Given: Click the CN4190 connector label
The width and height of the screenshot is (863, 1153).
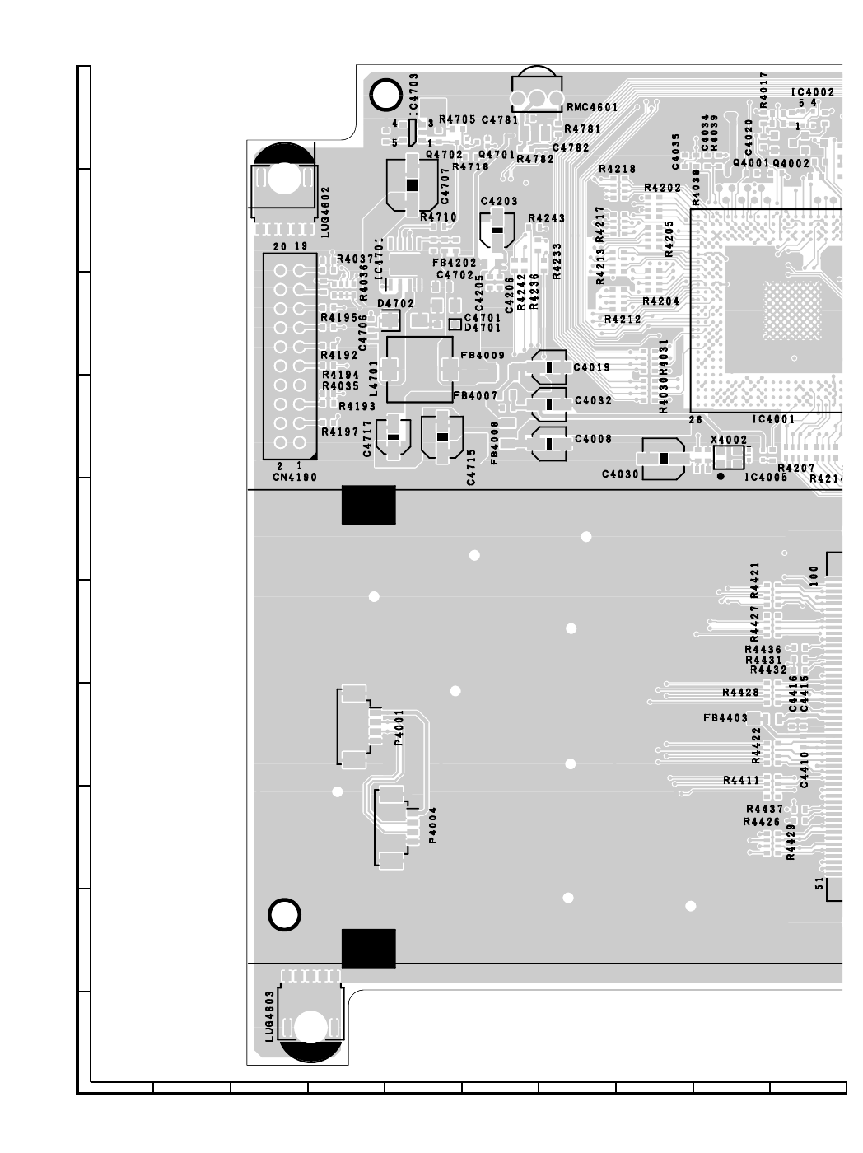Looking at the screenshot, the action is (x=294, y=478).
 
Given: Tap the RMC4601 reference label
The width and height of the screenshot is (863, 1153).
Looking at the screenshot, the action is (x=592, y=107).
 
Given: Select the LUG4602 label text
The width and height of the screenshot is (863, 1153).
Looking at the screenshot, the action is (x=325, y=212).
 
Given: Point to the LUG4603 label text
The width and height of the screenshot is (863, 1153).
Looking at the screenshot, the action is (x=269, y=1016).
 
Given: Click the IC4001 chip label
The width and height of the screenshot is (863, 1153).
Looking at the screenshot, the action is (x=775, y=420).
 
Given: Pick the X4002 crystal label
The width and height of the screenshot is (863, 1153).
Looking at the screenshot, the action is (x=728, y=441).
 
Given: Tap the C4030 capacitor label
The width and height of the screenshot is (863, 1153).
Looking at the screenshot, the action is (x=620, y=474).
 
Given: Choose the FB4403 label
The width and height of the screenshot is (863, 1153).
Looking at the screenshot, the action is (x=725, y=718).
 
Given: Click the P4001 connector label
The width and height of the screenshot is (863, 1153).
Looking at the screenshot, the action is (x=399, y=728).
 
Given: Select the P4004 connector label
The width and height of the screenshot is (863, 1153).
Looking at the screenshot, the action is (x=433, y=825).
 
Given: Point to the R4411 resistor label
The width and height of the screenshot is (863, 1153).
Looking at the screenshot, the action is (x=741, y=780).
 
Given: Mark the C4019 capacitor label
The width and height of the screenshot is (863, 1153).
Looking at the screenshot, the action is (x=592, y=367).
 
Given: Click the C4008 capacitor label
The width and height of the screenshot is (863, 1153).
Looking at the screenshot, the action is (x=593, y=440).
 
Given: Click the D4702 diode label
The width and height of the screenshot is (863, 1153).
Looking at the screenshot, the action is (x=395, y=304).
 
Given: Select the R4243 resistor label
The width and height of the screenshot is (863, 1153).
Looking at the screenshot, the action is (x=546, y=218).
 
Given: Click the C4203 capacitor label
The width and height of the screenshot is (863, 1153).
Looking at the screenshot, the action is (x=499, y=201).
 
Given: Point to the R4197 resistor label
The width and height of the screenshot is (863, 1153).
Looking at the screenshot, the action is (x=339, y=432).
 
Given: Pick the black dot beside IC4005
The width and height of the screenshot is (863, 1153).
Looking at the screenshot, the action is (x=721, y=476).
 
